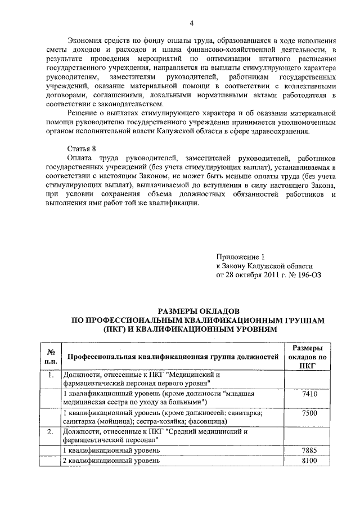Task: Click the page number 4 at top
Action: [x=191, y=23]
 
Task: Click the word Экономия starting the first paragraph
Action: [x=85, y=42]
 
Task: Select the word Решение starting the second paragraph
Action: [x=82, y=114]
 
